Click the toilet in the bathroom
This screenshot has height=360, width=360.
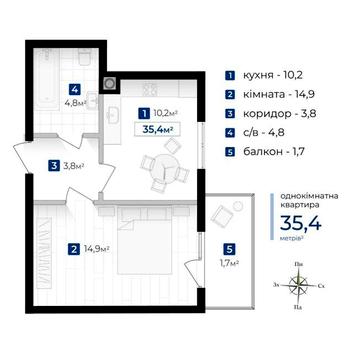coord(85,57)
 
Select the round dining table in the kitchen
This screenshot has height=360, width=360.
coord(165,166)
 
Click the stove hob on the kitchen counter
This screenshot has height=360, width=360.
coord(150,88)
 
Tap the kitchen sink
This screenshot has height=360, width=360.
coord(113,116)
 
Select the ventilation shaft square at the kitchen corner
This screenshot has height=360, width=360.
coord(110,83)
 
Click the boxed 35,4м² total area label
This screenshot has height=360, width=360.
coord(157,129)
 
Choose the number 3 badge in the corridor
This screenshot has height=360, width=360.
coord(54,165)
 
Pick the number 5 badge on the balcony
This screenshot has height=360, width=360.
coord(229,249)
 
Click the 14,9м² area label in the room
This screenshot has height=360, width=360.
coord(97,249)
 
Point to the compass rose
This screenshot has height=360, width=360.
coord(299,285)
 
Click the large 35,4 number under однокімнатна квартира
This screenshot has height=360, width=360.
coord(301,224)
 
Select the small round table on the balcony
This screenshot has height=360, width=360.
coord(237,206)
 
